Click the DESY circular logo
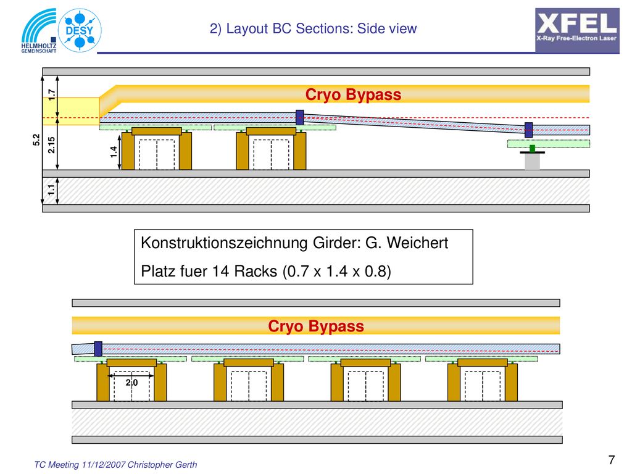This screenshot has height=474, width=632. click(80, 30)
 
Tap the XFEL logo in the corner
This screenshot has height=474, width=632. click(577, 30)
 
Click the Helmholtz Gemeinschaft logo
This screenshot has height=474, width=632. click(39, 31)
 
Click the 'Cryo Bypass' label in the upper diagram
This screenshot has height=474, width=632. click(353, 94)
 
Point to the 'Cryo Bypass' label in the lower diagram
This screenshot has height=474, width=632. click(316, 326)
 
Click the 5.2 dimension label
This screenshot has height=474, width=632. click(36, 140)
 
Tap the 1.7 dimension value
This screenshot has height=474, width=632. click(52, 94)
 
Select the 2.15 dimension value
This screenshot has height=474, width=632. click(52, 145)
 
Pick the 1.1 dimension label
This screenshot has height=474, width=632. click(52, 190)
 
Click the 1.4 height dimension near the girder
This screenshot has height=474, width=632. click(114, 152)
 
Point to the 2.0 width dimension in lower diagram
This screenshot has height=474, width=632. click(132, 383)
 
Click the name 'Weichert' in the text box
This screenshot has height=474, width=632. click(418, 243)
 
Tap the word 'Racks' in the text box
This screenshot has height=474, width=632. click(256, 272)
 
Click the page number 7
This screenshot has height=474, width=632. click(612, 459)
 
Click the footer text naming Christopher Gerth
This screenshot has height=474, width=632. click(115, 465)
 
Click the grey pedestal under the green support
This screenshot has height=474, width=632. click(532, 162)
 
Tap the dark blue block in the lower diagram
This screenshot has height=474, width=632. click(98, 349)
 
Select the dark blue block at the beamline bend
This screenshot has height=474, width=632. click(299, 117)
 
